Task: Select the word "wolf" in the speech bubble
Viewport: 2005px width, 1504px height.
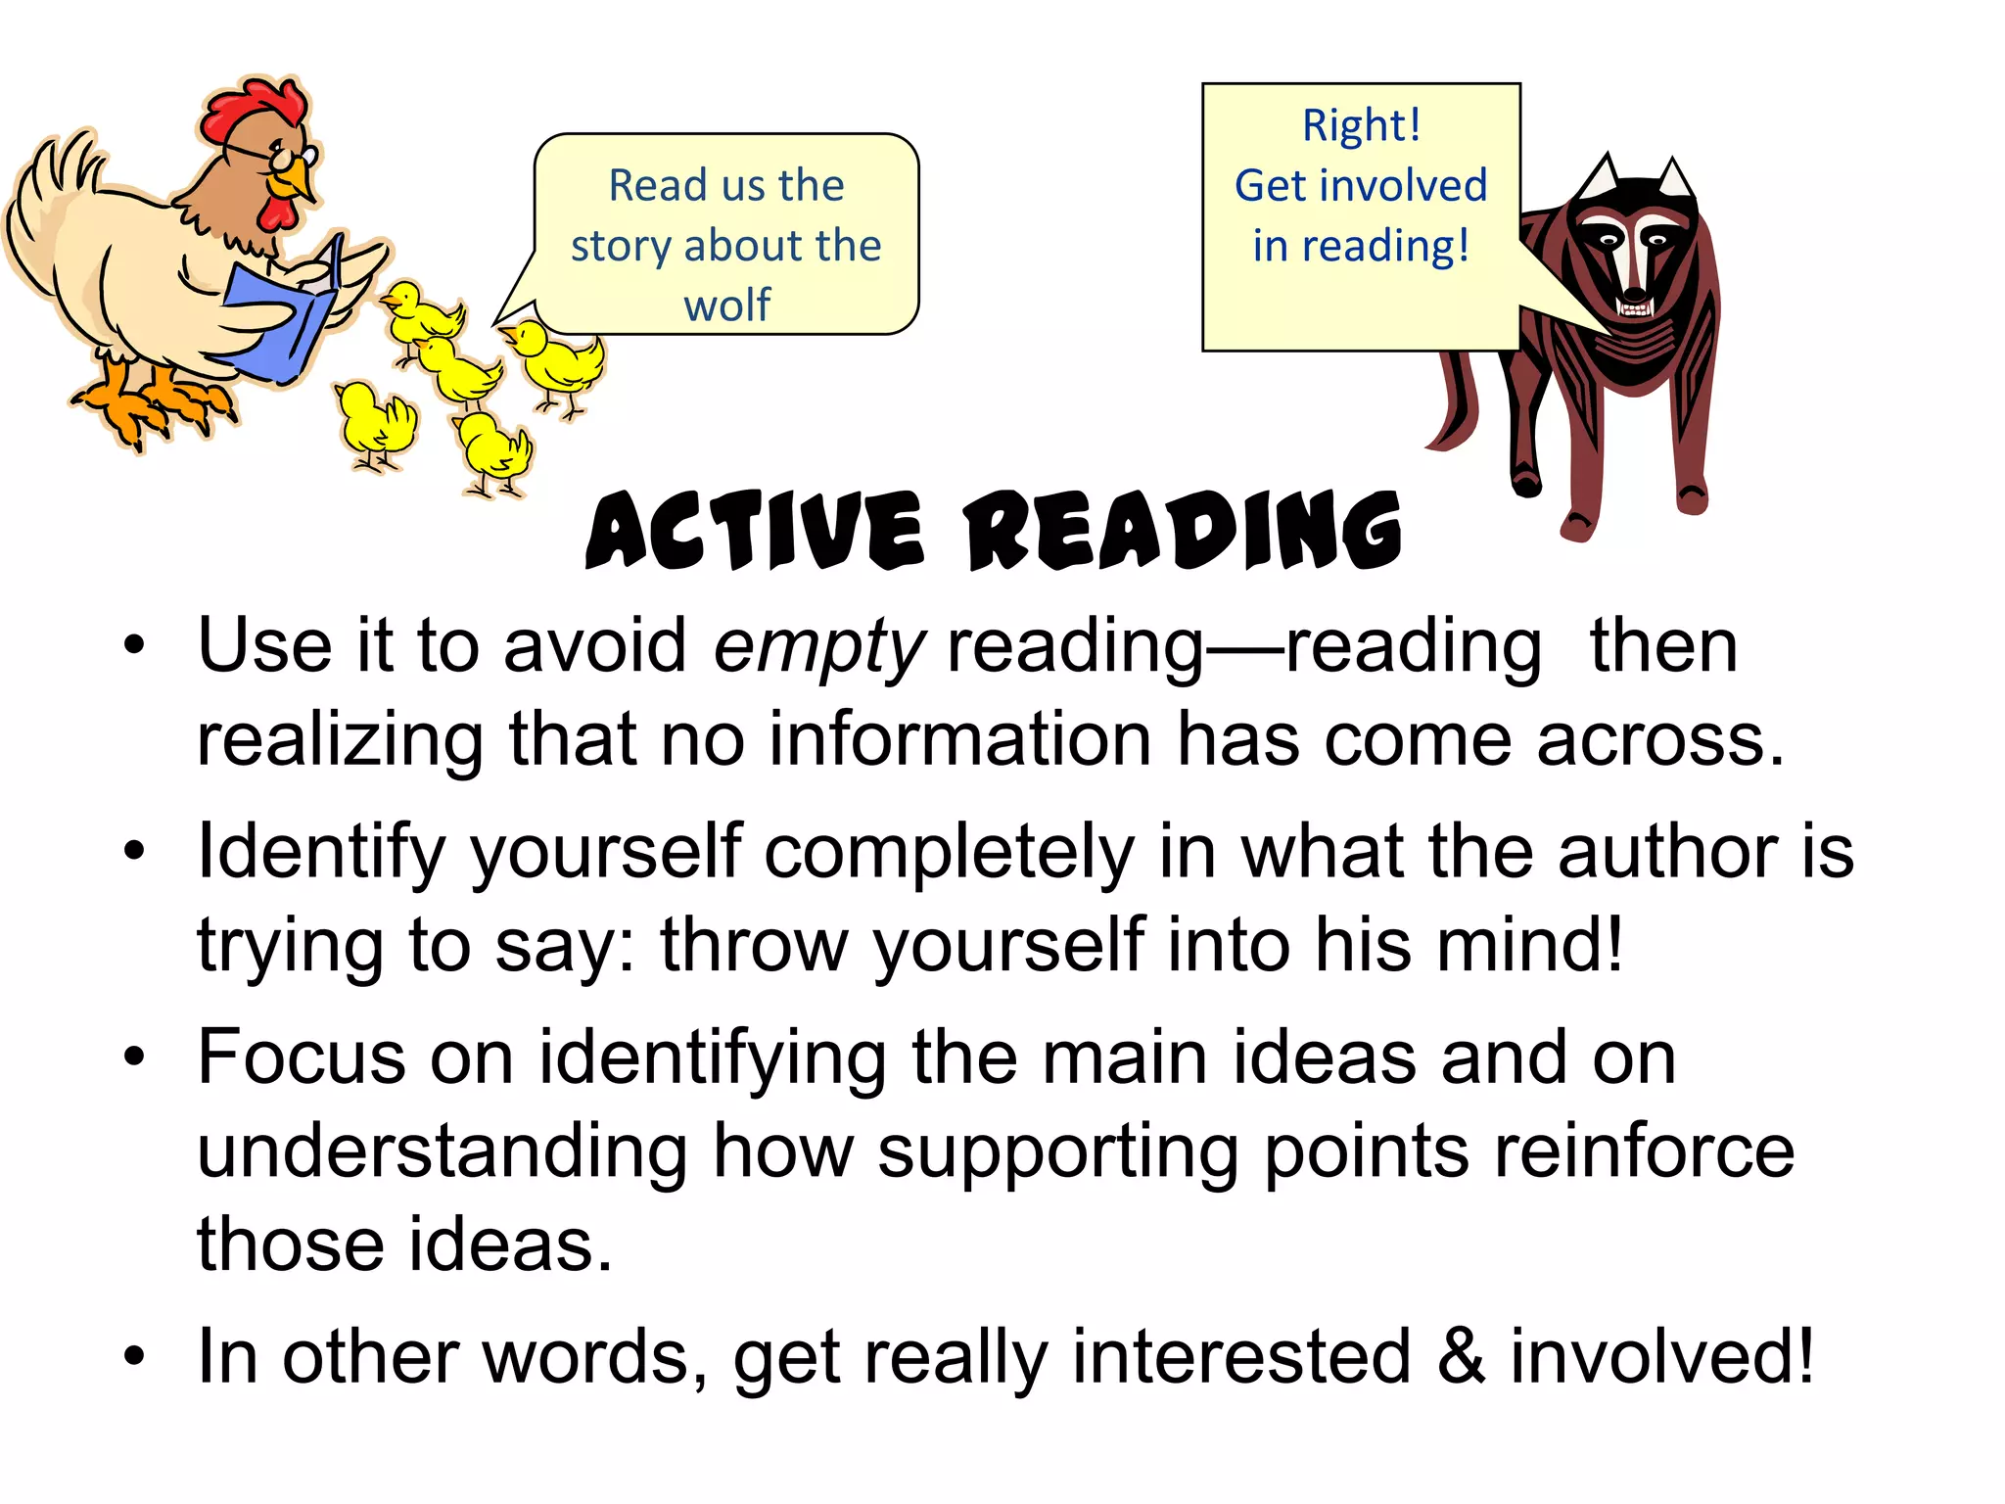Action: pyautogui.click(x=726, y=305)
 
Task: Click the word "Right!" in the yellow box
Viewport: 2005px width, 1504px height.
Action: pyautogui.click(x=1361, y=125)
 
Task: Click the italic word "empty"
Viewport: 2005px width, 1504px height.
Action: pyautogui.click(x=818, y=648)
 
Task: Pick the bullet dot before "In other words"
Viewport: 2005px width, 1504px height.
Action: pyautogui.click(x=134, y=1357)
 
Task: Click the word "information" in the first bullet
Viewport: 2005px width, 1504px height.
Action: pyautogui.click(x=959, y=740)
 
